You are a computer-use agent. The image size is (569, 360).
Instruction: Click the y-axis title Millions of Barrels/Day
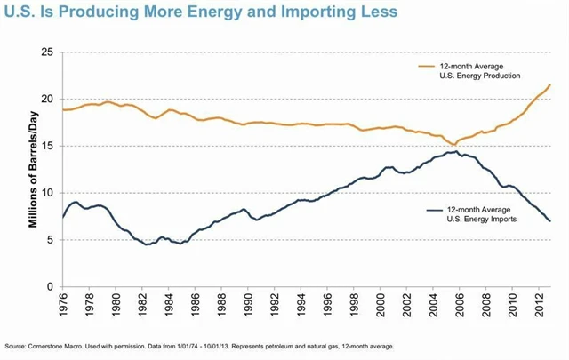pyautogui.click(x=32, y=169)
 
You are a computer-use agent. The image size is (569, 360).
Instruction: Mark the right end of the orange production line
pyautogui.click(x=550, y=84)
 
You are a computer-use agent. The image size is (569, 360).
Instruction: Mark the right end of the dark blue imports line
pyautogui.click(x=550, y=220)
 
